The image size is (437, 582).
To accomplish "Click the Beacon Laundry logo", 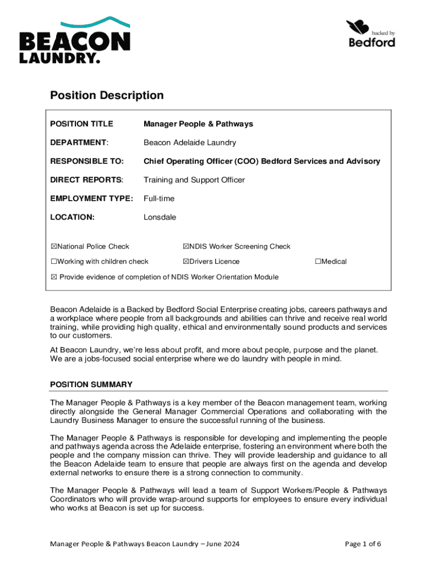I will [x=75, y=40].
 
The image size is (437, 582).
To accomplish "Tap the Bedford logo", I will [x=371, y=34].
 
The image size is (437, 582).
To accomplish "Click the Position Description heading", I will [x=107, y=95].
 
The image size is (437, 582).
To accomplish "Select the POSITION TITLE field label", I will [x=82, y=124].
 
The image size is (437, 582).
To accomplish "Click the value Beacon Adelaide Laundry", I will [x=190, y=143].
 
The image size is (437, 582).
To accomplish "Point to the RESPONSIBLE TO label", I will [x=87, y=161].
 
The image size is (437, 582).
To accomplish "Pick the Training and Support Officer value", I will [x=194, y=180].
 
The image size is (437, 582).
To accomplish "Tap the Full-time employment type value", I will [x=159, y=198].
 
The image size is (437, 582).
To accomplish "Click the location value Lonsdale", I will [x=159, y=217].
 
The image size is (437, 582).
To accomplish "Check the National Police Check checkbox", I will [x=54, y=247].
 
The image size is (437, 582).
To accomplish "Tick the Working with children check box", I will [x=54, y=261].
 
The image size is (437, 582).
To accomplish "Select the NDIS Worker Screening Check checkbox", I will [x=186, y=247].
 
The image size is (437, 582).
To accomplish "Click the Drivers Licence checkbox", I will [x=186, y=261].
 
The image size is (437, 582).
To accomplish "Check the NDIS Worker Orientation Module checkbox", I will [x=54, y=277].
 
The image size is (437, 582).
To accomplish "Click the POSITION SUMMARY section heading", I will [x=91, y=384].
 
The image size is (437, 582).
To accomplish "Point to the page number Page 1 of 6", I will [x=363, y=544].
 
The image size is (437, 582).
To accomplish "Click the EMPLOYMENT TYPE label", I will [x=91, y=198].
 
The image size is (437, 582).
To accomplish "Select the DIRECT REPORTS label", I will [x=86, y=180].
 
